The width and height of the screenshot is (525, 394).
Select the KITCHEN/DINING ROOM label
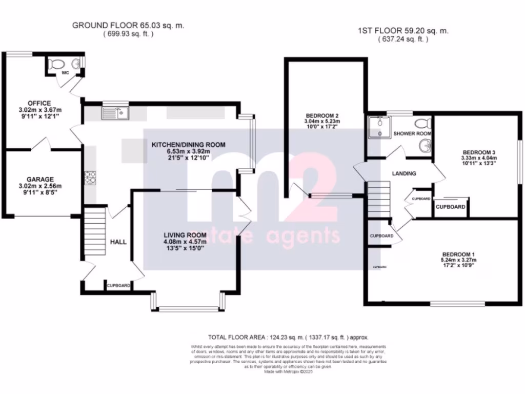[188, 145]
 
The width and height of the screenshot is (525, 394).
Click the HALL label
[118, 242]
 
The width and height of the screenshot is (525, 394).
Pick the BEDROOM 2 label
[322, 115]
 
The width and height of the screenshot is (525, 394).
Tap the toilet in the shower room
[422, 124]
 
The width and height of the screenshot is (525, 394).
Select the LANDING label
[404, 173]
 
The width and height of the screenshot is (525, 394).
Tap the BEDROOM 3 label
[479, 152]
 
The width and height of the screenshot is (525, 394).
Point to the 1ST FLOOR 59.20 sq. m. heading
[403, 31]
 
